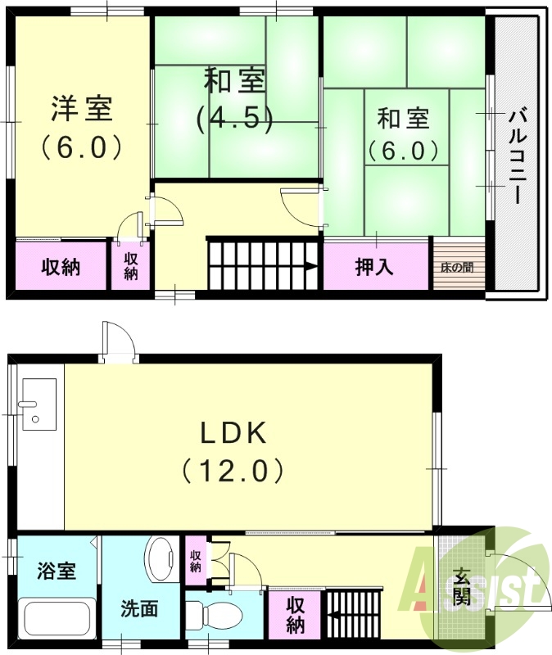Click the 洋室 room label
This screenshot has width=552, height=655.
(81, 107)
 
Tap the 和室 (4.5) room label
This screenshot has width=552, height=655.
(234, 81)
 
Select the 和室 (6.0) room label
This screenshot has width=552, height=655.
(403, 119)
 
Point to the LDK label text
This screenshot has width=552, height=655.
(233, 431)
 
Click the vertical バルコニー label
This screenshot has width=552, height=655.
(515, 156)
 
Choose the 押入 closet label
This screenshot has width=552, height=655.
(375, 267)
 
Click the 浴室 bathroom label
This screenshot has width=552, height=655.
(57, 570)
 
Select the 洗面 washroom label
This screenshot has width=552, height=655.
(139, 609)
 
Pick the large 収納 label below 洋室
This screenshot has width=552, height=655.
(61, 267)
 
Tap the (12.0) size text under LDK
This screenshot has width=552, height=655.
(233, 470)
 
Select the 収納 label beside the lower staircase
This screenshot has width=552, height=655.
(296, 616)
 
